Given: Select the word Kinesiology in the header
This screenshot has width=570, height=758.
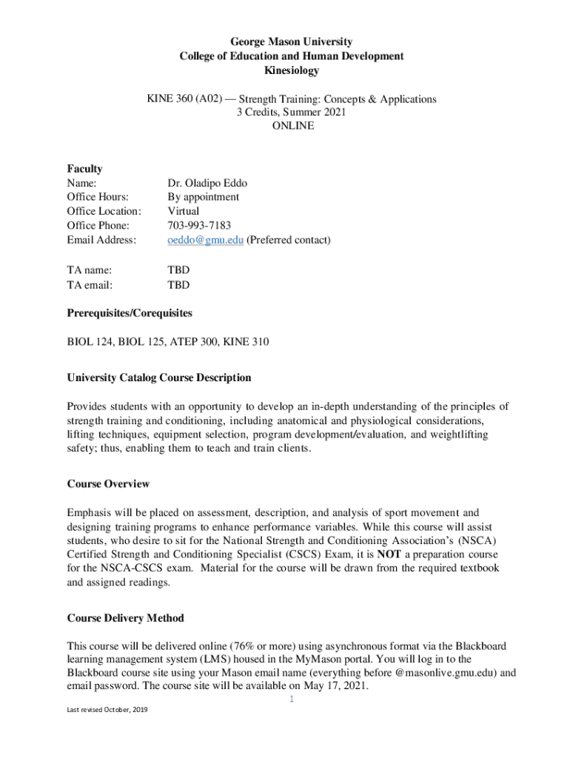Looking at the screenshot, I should pyautogui.click(x=291, y=70).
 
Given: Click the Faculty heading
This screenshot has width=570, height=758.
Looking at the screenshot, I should pyautogui.click(x=84, y=169).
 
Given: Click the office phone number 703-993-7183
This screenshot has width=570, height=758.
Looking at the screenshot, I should pyautogui.click(x=199, y=225).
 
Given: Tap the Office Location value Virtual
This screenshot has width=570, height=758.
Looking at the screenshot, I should pyautogui.click(x=184, y=211).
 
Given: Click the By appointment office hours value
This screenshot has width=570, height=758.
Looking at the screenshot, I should pyautogui.click(x=204, y=197).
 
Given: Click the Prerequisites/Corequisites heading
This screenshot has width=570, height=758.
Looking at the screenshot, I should pyautogui.click(x=130, y=313).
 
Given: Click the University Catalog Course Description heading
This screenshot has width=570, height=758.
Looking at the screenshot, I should pyautogui.click(x=159, y=378).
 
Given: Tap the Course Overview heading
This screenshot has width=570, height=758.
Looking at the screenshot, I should pyautogui.click(x=108, y=483).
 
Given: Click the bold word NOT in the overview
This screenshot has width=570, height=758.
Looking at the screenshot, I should pyautogui.click(x=391, y=554).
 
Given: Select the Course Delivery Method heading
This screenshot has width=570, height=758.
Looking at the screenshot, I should pyautogui.click(x=125, y=617).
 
